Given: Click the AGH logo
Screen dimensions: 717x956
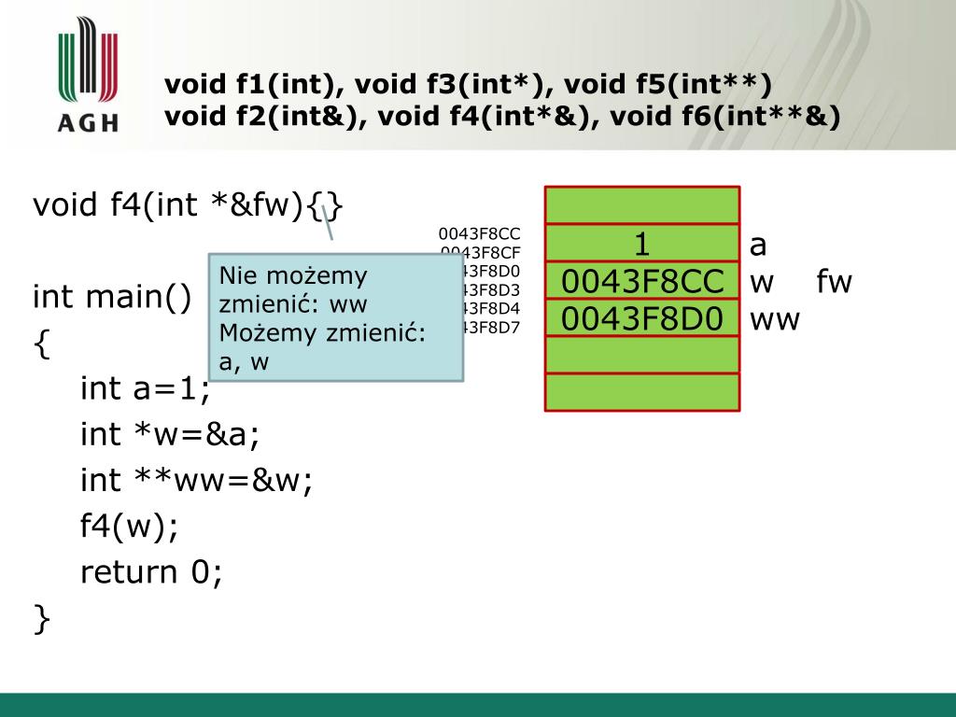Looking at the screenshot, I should (87, 75).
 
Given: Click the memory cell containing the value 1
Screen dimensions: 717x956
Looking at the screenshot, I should (642, 244).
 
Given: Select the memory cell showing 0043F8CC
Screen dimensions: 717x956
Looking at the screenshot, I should (642, 281).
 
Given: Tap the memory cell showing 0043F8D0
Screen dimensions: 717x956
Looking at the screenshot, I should (642, 318).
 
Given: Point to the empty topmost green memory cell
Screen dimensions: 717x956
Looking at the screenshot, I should (642, 205).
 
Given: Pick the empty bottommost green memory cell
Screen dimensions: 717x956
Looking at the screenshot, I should (642, 392).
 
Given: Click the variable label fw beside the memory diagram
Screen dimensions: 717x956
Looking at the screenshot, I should (835, 282).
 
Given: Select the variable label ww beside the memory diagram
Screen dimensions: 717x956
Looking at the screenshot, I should (775, 319).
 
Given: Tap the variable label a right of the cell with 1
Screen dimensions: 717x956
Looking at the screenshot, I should (758, 246).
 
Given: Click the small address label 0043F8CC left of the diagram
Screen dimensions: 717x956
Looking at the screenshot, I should (480, 233).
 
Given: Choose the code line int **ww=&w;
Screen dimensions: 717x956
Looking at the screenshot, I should (196, 480).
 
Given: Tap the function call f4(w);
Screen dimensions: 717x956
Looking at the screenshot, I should (129, 526).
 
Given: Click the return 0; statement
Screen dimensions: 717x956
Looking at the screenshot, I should (151, 571).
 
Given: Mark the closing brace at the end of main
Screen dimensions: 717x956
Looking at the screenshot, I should (41, 618).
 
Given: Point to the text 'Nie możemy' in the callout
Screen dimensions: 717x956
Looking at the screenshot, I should (294, 276).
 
